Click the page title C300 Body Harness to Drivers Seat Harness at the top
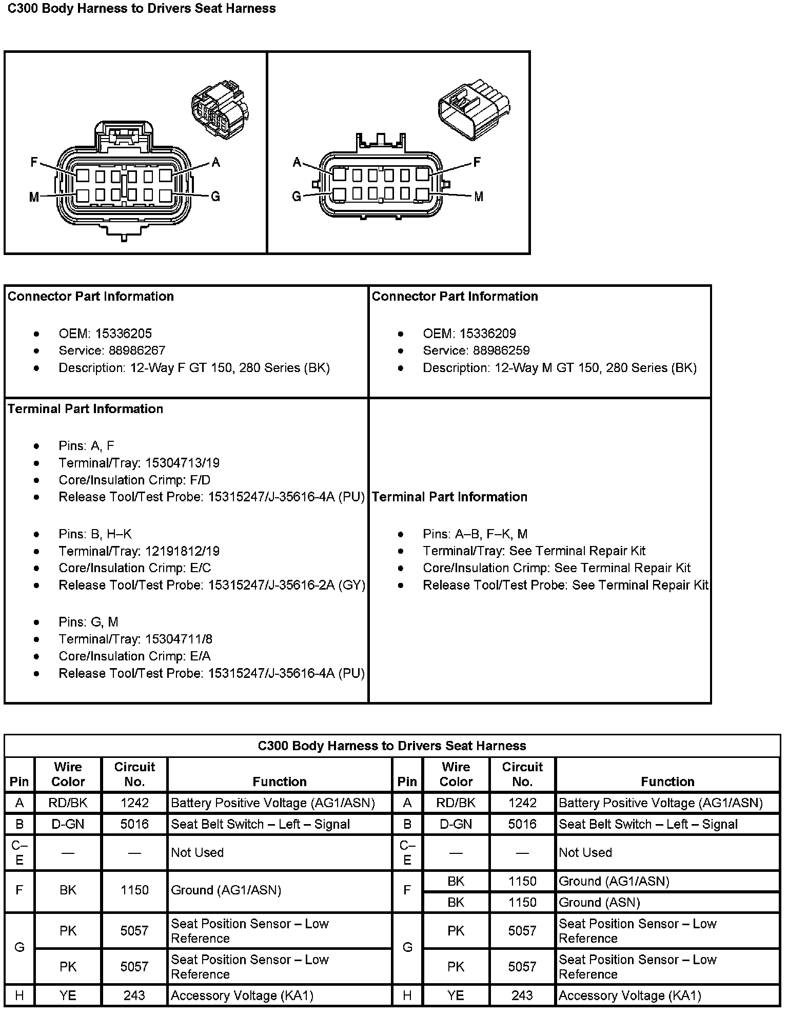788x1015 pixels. [x=141, y=9]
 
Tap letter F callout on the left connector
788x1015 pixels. [x=34, y=162]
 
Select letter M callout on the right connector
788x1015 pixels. [x=478, y=197]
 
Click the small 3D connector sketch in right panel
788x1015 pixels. [x=474, y=109]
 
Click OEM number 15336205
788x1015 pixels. [x=123, y=334]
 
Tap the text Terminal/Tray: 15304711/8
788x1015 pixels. [x=135, y=639]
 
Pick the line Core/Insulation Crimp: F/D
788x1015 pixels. [x=134, y=480]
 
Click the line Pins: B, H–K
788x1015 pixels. [x=95, y=534]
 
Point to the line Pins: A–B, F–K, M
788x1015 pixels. [x=475, y=534]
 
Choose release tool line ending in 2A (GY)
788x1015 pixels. [x=211, y=585]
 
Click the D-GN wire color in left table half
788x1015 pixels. [x=68, y=824]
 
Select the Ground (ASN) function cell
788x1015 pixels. [x=599, y=903]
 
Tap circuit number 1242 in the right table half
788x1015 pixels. [x=522, y=803]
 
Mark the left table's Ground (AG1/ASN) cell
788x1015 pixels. [x=226, y=890]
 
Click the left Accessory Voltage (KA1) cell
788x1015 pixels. [x=242, y=996]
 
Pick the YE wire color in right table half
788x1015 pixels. [x=456, y=996]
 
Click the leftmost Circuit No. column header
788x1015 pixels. [x=134, y=774]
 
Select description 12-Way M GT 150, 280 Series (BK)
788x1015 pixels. [x=560, y=368]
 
